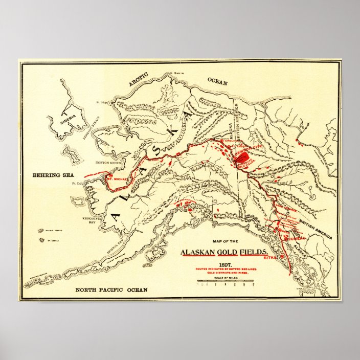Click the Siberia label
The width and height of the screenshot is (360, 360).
[68, 117]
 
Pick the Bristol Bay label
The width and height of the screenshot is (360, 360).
[120, 240]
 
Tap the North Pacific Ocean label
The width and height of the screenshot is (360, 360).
[111, 290]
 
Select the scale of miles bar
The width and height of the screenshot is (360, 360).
[224, 281]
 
